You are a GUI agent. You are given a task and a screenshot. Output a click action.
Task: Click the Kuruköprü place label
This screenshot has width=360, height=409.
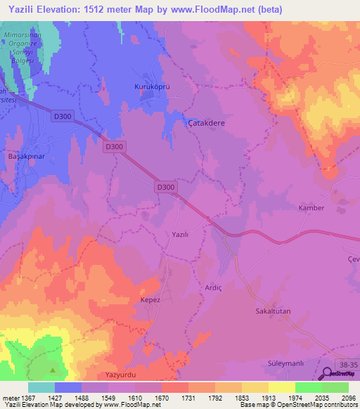(x=149, y=86)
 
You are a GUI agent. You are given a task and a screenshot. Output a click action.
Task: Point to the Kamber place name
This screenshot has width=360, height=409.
(x=311, y=209)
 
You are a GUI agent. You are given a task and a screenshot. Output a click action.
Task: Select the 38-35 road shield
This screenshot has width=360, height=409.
(x=347, y=365)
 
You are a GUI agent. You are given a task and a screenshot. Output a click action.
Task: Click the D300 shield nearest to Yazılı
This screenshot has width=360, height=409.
(x=165, y=187)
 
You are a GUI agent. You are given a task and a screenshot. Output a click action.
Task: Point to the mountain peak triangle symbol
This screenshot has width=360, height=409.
(x=53, y=369)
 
